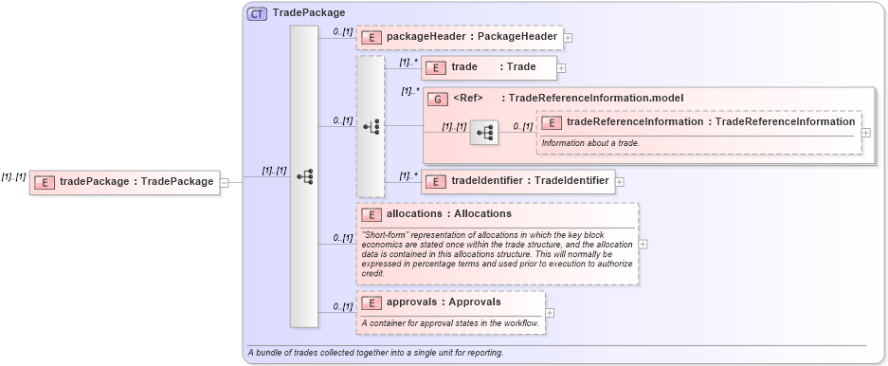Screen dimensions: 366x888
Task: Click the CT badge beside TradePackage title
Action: click(257, 13)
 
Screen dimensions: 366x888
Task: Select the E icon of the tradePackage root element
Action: click(45, 182)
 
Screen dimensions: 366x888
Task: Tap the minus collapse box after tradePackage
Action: click(224, 182)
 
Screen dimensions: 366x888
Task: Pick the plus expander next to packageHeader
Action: click(568, 38)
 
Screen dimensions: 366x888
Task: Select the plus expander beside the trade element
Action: click(561, 68)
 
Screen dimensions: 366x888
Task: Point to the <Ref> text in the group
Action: click(468, 98)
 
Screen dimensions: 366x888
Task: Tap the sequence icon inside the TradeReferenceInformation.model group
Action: click(483, 133)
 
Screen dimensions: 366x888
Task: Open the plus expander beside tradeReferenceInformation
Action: click(865, 133)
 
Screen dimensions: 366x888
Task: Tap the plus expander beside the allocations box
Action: click(643, 244)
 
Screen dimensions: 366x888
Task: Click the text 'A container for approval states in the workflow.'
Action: click(450, 323)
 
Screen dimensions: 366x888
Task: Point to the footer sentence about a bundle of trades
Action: click(375, 353)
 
